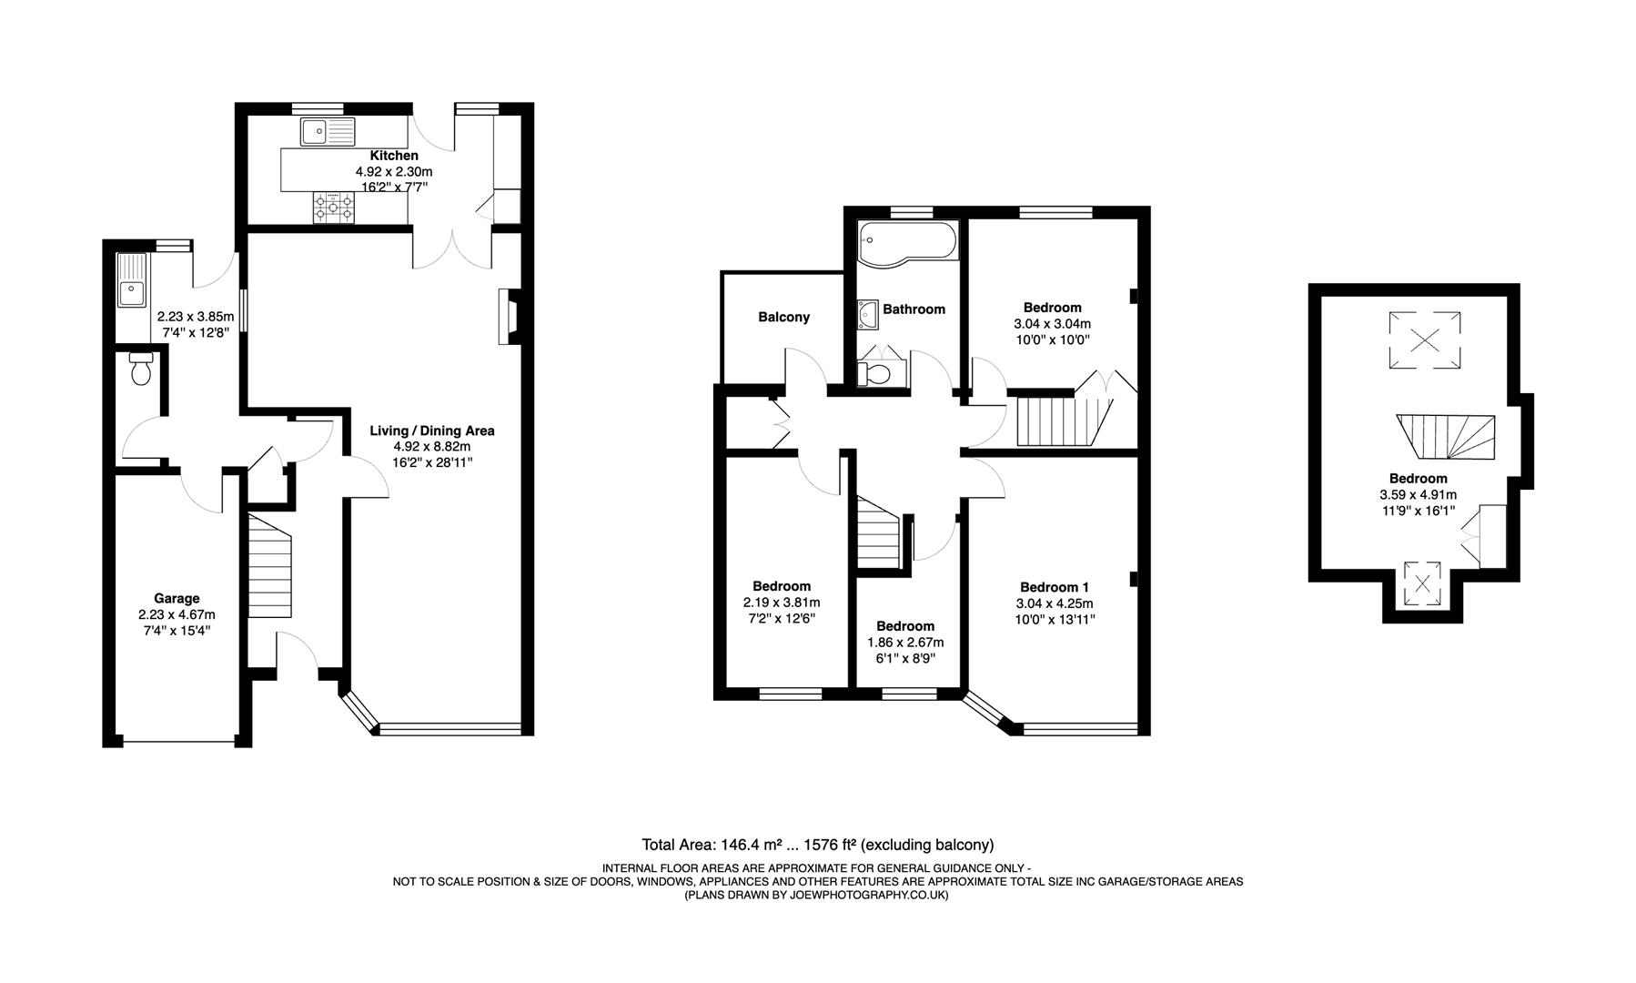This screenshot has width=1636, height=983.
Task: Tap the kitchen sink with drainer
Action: [328, 133]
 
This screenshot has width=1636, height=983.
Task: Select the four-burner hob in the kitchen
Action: [333, 208]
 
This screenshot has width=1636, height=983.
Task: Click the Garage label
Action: [177, 598]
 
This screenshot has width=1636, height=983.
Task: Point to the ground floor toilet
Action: [141, 370]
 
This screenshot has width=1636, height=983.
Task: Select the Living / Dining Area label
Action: [432, 431]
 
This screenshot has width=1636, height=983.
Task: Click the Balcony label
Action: [783, 317]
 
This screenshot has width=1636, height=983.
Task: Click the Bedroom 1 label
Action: [1054, 587]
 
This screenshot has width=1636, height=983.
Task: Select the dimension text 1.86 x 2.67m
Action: [905, 643]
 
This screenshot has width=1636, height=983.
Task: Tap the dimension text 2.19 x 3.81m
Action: [781, 603]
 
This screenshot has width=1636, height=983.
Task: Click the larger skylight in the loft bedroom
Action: [1424, 340]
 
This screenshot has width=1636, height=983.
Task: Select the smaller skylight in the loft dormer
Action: [1423, 583]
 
